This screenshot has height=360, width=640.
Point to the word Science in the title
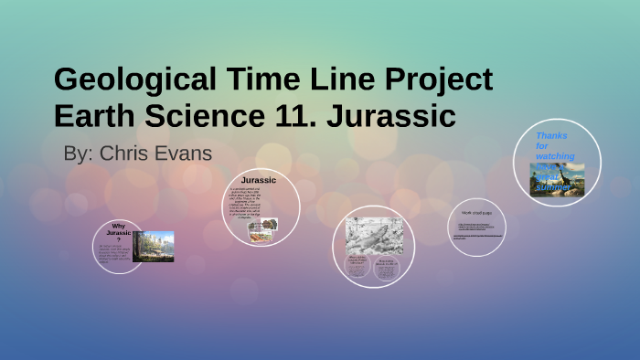[190, 117]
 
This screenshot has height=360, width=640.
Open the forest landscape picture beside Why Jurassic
[153, 246]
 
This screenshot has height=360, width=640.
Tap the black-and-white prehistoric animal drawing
[368, 235]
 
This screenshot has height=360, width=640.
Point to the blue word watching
[555, 156]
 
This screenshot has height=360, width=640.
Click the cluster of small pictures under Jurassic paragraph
[262, 231]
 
